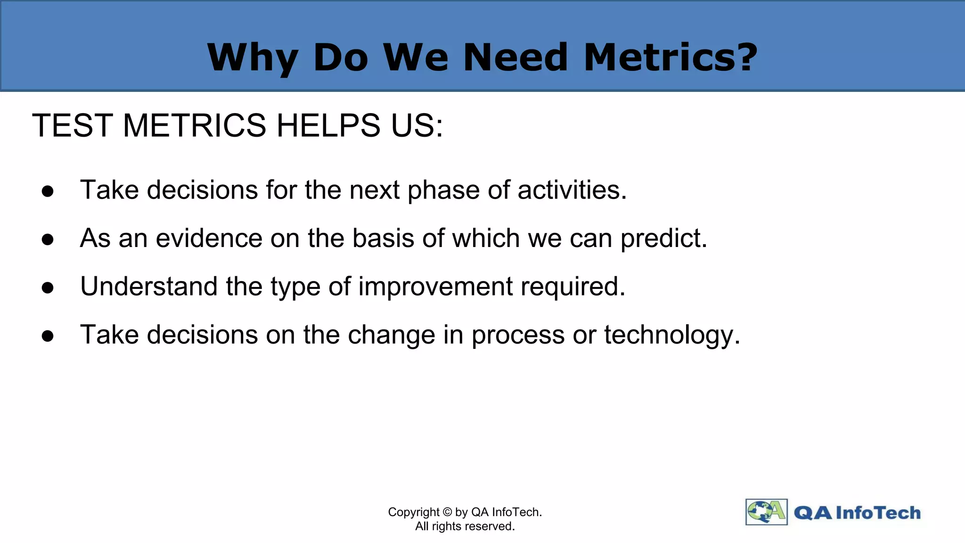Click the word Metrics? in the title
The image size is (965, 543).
(x=670, y=57)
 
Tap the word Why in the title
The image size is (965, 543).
(x=252, y=58)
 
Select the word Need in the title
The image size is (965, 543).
(x=515, y=57)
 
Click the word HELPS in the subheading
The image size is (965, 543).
(x=328, y=126)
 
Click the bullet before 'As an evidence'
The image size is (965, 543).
(x=48, y=239)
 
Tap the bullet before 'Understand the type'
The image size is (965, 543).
(x=48, y=288)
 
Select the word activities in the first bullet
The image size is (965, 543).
(x=572, y=190)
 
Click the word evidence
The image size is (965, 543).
(x=209, y=238)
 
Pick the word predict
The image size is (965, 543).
(x=663, y=239)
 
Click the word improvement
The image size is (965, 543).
(x=435, y=287)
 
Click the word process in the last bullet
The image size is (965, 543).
(x=518, y=336)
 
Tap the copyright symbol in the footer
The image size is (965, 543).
(x=447, y=512)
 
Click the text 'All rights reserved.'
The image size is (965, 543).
(x=465, y=526)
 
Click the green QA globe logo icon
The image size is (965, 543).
(x=766, y=512)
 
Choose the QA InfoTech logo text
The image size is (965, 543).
(x=857, y=512)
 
